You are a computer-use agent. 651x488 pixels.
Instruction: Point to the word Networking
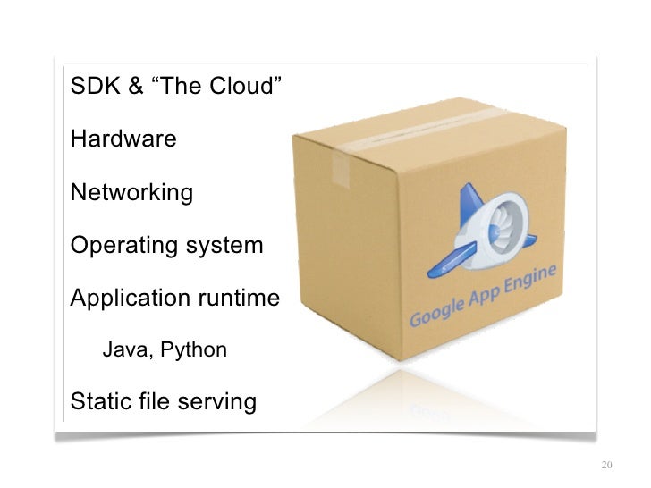tap(131, 193)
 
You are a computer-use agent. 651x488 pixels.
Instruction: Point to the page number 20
tap(607, 466)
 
